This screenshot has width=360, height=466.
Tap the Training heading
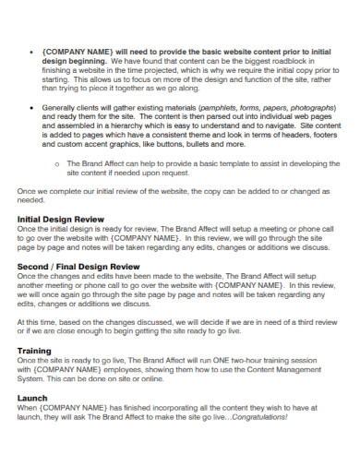pyautogui.click(x=35, y=351)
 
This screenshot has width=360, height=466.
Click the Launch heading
pyautogui.click(x=32, y=398)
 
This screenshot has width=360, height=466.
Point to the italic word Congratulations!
pyautogui.click(x=259, y=416)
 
